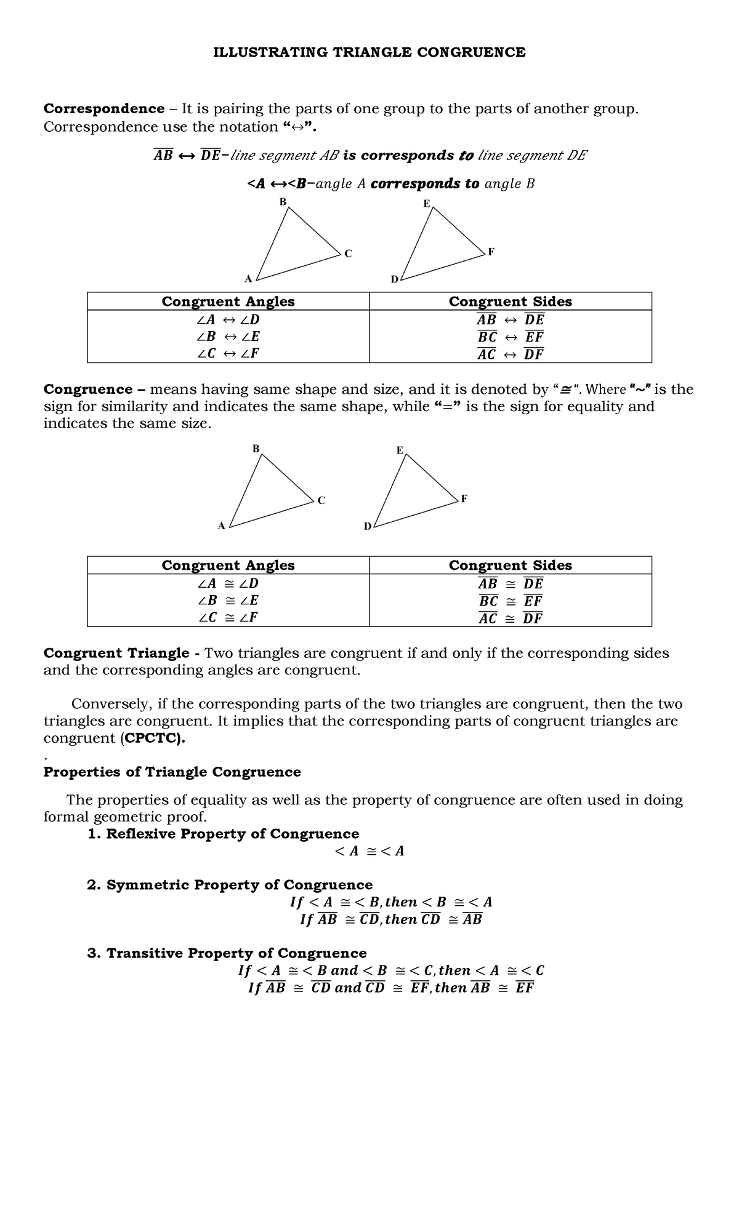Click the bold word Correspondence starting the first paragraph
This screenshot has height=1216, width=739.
pos(103,109)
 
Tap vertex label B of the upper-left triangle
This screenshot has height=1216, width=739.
pos(283,201)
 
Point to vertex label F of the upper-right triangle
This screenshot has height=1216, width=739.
pos(491,252)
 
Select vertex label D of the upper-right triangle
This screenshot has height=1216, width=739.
pos(394,279)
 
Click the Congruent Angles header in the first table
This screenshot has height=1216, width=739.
pos(228,302)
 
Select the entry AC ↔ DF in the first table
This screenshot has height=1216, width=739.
pos(510,354)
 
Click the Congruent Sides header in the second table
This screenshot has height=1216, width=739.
pos(510,566)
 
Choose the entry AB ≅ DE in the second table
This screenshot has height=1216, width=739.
pos(510,583)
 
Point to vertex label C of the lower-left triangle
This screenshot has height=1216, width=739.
pos(321,500)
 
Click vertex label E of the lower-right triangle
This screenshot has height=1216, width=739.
pos(399,450)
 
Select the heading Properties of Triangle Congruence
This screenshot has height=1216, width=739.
pos(172,772)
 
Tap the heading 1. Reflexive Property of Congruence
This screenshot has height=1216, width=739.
pos(224,834)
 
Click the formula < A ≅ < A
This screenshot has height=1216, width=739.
pos(369,851)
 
